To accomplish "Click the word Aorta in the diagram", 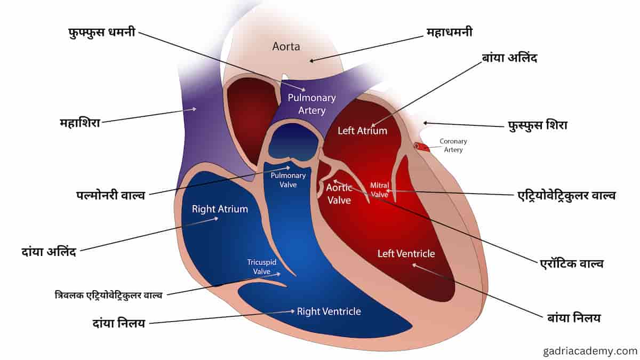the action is [286, 46].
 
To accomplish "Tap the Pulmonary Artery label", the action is [311, 104].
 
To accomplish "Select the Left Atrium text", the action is [362, 131].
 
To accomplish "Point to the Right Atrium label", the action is [220, 209].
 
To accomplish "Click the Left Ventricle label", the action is [406, 254].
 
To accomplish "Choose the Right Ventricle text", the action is [329, 311].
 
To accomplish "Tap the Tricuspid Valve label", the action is [262, 267].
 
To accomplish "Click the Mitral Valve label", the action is [379, 190].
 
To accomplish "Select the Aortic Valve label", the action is [339, 194].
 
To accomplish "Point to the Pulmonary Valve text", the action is [288, 180].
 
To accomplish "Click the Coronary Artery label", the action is [453, 146].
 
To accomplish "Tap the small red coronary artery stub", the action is [422, 147].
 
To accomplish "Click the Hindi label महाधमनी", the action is [450, 32].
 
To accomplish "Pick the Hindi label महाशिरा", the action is [80, 123].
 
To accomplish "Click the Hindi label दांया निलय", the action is [119, 324].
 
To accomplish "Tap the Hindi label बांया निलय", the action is [574, 318].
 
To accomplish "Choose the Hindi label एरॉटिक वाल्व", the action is [572, 263].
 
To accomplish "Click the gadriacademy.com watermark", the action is [590, 351].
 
